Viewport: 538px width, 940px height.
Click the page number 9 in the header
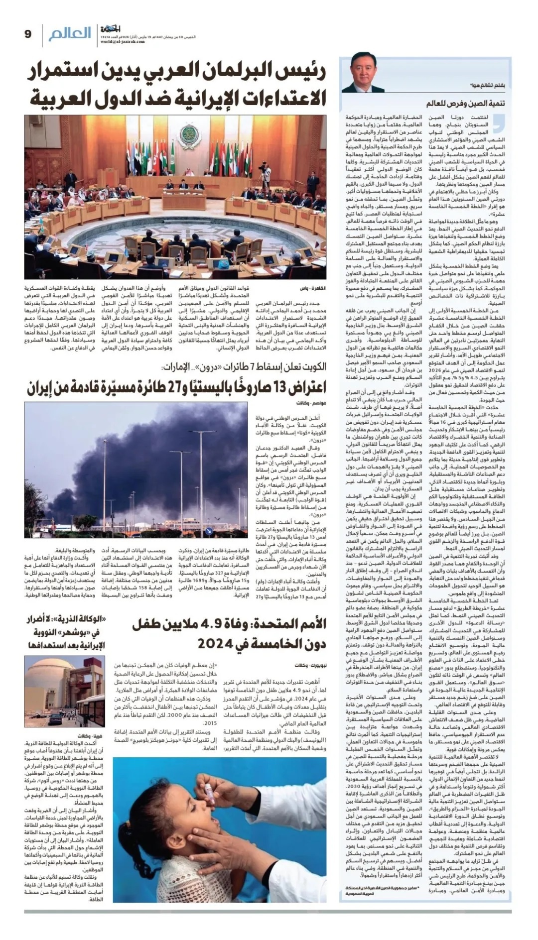[x=28, y=34]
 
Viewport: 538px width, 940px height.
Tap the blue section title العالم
[x=70, y=33]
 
